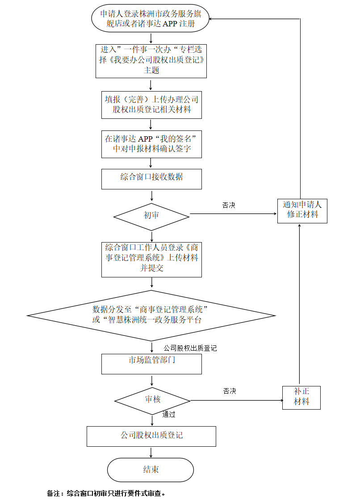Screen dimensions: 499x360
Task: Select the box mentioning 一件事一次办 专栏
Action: [151, 60]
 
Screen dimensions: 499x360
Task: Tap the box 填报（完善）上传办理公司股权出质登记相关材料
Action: [151, 105]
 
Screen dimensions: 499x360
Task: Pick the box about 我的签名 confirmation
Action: [151, 144]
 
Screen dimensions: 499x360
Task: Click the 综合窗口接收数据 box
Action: [151, 178]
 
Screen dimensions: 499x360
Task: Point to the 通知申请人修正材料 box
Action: [302, 210]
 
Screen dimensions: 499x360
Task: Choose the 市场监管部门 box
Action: [151, 363]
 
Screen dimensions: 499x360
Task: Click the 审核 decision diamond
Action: [153, 399]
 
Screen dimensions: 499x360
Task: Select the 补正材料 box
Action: [301, 397]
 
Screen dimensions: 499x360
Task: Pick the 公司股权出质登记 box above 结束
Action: [151, 436]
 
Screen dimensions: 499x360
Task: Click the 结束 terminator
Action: [151, 470]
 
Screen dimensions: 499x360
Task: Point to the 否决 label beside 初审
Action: [229, 205]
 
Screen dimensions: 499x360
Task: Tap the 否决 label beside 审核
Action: [230, 391]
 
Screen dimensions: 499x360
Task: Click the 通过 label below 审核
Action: [169, 415]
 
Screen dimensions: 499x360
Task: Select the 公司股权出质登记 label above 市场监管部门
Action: [190, 348]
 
